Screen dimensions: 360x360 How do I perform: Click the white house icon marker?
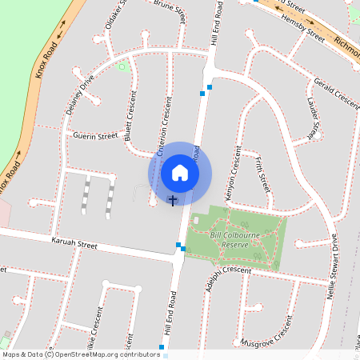click(x=180, y=173)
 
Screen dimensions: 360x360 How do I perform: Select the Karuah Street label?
click(x=74, y=242)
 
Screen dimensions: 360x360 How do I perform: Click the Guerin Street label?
click(x=94, y=137)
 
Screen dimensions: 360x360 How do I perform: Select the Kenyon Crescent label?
click(x=233, y=173)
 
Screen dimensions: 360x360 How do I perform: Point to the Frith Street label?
click(x=262, y=174)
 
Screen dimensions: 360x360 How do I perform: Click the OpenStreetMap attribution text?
click(x=80, y=354)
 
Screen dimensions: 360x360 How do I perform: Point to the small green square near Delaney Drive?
click(x=122, y=66)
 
